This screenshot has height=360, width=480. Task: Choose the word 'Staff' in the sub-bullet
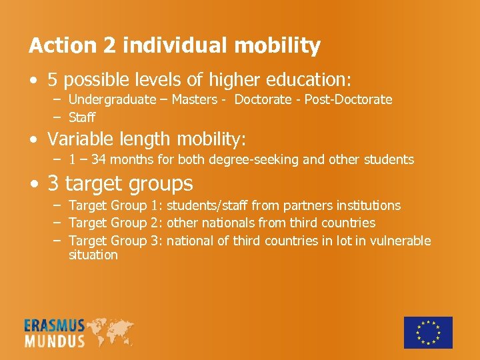point(82,117)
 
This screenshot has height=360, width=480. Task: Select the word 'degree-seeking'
point(239,160)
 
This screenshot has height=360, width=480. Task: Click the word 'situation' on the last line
point(93,255)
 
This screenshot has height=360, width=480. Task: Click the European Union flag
point(428,333)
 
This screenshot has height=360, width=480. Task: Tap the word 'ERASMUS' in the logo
point(55,326)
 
